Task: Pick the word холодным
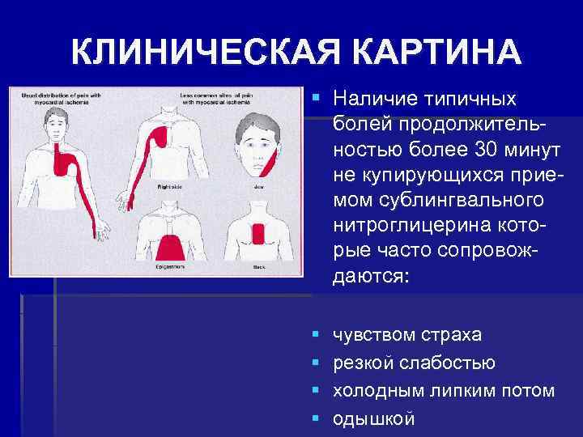pos(373,390)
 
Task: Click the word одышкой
pos(373,418)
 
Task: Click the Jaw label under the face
pos(258,185)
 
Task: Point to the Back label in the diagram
pos(259,265)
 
